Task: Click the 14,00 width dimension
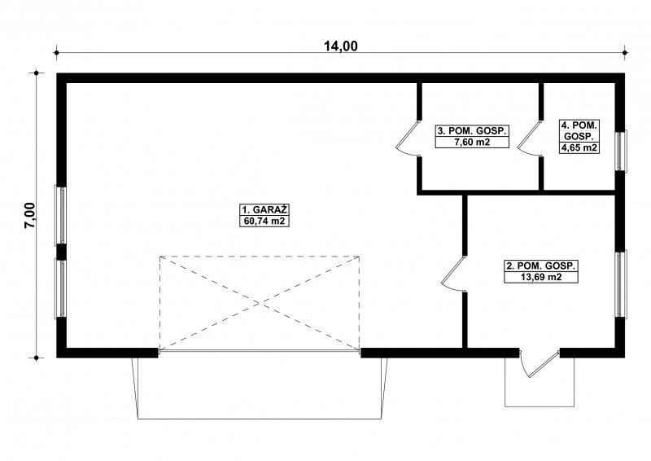(x=340, y=46)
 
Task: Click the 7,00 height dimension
(x=31, y=216)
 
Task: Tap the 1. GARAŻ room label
(x=264, y=209)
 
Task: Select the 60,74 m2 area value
(x=264, y=221)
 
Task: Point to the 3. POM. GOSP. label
(x=472, y=130)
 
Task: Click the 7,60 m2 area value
(x=472, y=143)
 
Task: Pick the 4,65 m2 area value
(x=579, y=147)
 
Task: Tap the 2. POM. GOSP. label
(x=541, y=266)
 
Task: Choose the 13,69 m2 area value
(x=541, y=277)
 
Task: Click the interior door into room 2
(x=452, y=274)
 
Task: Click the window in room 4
(x=621, y=151)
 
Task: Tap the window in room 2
(x=621, y=284)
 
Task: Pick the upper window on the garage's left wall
(x=60, y=215)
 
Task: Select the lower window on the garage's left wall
(x=60, y=289)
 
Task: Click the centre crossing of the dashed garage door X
(x=260, y=303)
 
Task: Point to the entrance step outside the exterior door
(x=540, y=382)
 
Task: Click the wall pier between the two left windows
(x=61, y=252)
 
